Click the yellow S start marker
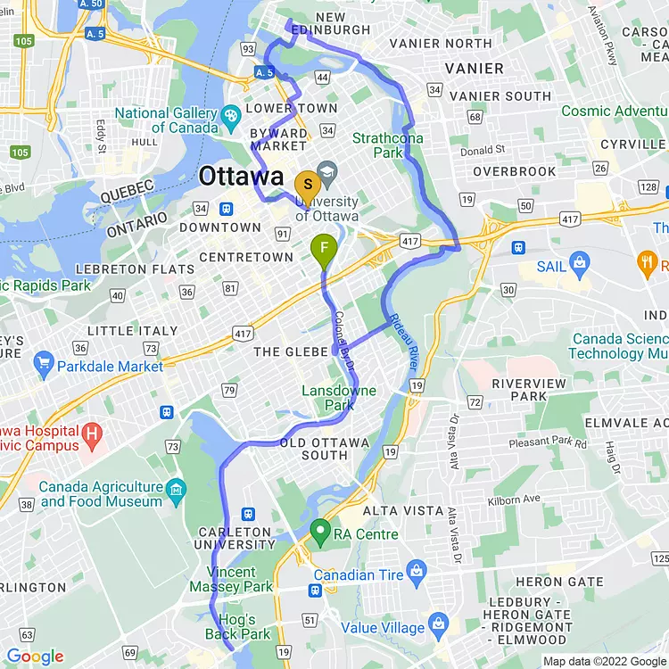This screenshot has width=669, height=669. [308, 184]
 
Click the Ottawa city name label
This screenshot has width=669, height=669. [241, 176]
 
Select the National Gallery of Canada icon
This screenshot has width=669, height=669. [230, 114]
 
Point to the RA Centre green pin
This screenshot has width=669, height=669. [319, 533]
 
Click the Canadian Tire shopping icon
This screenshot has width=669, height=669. [416, 570]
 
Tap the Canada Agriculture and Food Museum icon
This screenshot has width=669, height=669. [176, 489]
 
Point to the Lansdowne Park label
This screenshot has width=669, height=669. [339, 398]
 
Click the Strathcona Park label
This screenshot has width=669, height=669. [389, 145]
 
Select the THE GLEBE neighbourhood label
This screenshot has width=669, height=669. [291, 351]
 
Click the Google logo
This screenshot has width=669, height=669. [36, 657]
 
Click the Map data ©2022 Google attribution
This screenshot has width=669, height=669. [605, 661]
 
